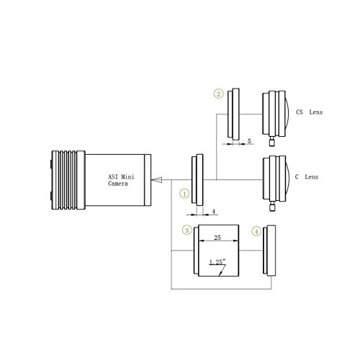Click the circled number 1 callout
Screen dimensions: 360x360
184,194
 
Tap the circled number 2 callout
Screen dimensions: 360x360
218,94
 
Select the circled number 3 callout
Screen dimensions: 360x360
187,230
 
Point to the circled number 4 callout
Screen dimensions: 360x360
256,232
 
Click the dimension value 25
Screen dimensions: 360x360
217,238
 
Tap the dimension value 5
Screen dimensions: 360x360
249,141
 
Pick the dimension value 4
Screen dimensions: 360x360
213,212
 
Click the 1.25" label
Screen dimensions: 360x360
217,262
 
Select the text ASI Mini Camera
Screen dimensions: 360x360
121,180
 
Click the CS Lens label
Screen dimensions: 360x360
309,112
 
